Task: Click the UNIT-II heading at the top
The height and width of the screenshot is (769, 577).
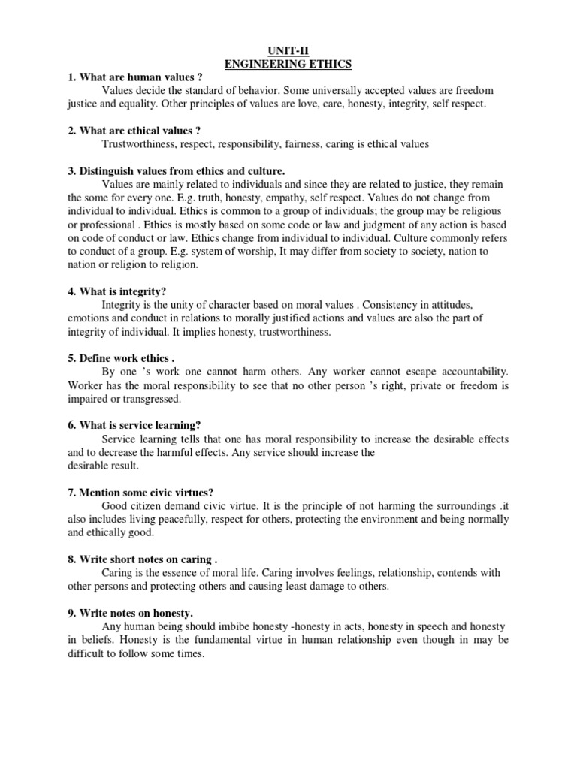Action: [x=288, y=52]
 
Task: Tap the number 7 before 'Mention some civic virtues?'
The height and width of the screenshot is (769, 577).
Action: [x=71, y=493]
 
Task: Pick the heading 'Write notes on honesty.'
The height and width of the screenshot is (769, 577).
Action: [x=135, y=613]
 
